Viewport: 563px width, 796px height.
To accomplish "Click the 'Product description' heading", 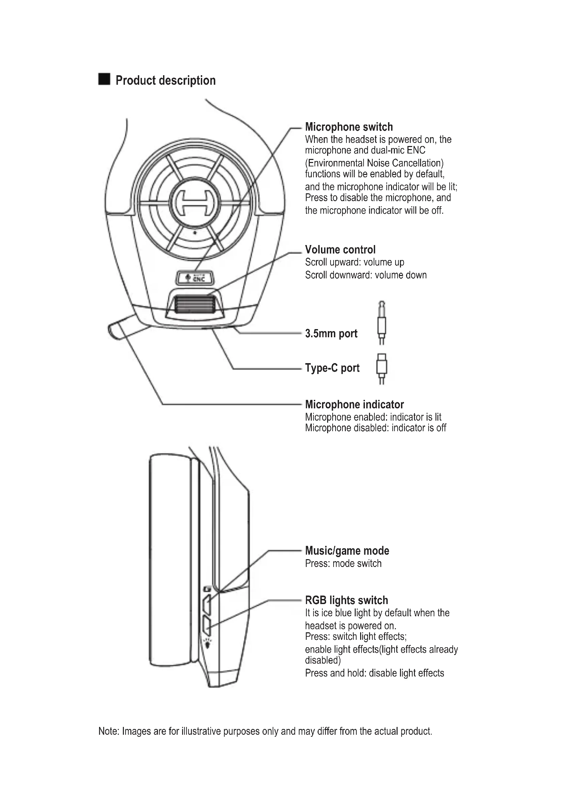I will (165, 80).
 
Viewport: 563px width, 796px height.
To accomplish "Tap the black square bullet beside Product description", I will (104, 79).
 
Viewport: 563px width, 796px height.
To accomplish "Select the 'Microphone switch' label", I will (349, 127).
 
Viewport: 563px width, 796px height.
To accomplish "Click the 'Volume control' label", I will (340, 249).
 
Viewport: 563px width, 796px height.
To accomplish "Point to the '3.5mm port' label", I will (331, 334).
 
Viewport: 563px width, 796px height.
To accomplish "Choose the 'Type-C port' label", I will (332, 368).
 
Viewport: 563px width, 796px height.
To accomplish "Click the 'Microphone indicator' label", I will (354, 405).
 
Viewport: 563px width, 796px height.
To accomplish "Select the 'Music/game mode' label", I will (347, 551).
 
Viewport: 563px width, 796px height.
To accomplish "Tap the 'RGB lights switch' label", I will (346, 600).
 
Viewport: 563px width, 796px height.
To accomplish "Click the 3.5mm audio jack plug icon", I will (381, 323).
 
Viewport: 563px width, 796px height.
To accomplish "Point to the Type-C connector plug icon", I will (381, 369).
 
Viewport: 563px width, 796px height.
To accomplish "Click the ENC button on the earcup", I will (195, 278).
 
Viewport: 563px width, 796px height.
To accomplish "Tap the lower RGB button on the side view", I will (207, 626).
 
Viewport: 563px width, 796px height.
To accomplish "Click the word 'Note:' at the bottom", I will (109, 731).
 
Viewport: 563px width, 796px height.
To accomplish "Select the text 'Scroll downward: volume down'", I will (366, 275).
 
